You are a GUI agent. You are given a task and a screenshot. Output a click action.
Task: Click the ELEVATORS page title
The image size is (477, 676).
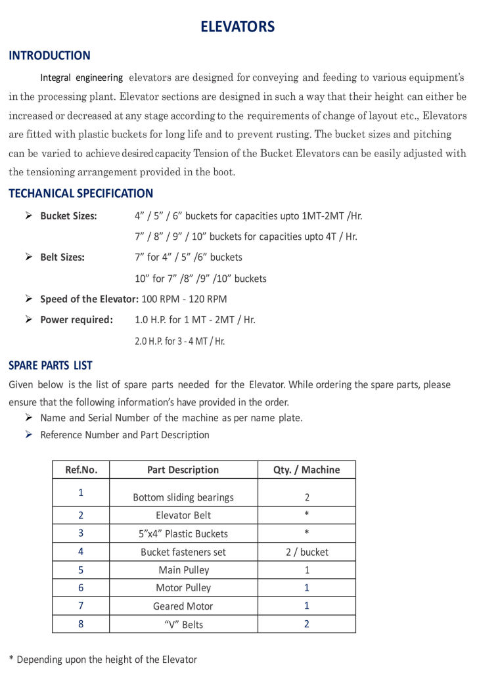pyautogui.click(x=238, y=27)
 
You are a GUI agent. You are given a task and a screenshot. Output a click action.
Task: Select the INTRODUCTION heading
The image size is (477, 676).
pyautogui.click(x=49, y=56)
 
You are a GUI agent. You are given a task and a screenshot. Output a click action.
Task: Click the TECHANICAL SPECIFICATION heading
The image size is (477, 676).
pyautogui.click(x=81, y=194)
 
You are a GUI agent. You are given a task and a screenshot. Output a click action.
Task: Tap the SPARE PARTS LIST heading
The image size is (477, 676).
pyautogui.click(x=51, y=365)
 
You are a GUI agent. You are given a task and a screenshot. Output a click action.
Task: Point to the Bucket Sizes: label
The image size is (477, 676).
pyautogui.click(x=68, y=216)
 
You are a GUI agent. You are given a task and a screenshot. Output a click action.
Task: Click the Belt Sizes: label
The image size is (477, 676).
pyautogui.click(x=62, y=258)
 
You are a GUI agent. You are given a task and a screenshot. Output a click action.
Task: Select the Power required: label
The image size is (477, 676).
pyautogui.click(x=76, y=320)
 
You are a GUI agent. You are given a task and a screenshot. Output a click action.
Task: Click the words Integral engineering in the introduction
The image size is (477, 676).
pyautogui.click(x=81, y=78)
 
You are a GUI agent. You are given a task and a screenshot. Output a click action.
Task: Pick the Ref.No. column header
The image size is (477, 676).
pyautogui.click(x=81, y=470)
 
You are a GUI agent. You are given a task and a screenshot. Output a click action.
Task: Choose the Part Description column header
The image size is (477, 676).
pyautogui.click(x=183, y=470)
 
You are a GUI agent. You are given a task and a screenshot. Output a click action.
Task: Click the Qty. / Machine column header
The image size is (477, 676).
pyautogui.click(x=306, y=470)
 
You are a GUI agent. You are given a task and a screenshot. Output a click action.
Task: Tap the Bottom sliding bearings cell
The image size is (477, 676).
pyautogui.click(x=183, y=497)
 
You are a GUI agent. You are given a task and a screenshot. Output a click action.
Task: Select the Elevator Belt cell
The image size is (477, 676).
pyautogui.click(x=183, y=516)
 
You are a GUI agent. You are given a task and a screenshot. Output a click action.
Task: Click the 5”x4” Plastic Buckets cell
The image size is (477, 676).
pyautogui.click(x=183, y=534)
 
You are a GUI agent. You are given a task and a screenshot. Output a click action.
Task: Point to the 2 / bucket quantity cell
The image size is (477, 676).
pyautogui.click(x=306, y=552)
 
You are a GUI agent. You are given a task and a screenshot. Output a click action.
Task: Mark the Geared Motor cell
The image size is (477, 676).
pyautogui.click(x=183, y=606)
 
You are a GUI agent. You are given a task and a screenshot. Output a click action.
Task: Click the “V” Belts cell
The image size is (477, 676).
pyautogui.click(x=183, y=624)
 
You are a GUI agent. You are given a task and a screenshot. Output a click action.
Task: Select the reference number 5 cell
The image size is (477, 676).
pyautogui.click(x=81, y=570)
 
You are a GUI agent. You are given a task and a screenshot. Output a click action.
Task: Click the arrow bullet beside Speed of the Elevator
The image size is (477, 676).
pyautogui.click(x=29, y=299)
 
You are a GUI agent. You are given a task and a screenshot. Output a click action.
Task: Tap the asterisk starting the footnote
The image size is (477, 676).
pyautogui.click(x=11, y=659)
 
